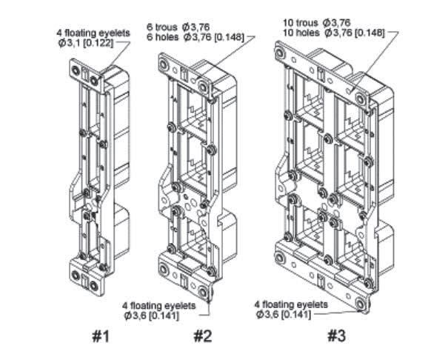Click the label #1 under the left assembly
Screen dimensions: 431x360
click(x=100, y=336)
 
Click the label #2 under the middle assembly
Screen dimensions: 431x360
click(x=203, y=336)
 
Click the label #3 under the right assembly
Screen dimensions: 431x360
click(x=336, y=336)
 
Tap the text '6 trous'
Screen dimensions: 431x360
click(x=162, y=27)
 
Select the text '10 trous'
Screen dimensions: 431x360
click(x=301, y=23)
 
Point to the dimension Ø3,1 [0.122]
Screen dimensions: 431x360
click(x=85, y=43)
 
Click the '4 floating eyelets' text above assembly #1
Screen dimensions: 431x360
click(x=93, y=33)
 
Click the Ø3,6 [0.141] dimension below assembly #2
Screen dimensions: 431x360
click(x=152, y=316)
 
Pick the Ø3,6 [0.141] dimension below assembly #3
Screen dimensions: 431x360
click(x=284, y=314)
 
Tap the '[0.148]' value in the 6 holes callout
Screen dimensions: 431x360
click(x=229, y=37)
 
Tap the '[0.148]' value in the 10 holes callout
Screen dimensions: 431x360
click(x=369, y=33)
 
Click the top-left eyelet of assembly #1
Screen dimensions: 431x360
click(x=76, y=70)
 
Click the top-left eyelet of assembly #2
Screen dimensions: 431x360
click(x=164, y=64)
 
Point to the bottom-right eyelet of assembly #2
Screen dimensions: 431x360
click(x=203, y=292)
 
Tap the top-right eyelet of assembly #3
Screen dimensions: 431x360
click(x=361, y=99)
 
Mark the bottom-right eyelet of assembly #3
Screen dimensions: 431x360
click(x=361, y=304)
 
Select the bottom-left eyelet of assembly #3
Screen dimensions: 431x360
click(x=281, y=258)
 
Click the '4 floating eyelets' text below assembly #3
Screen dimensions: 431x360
click(x=291, y=304)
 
